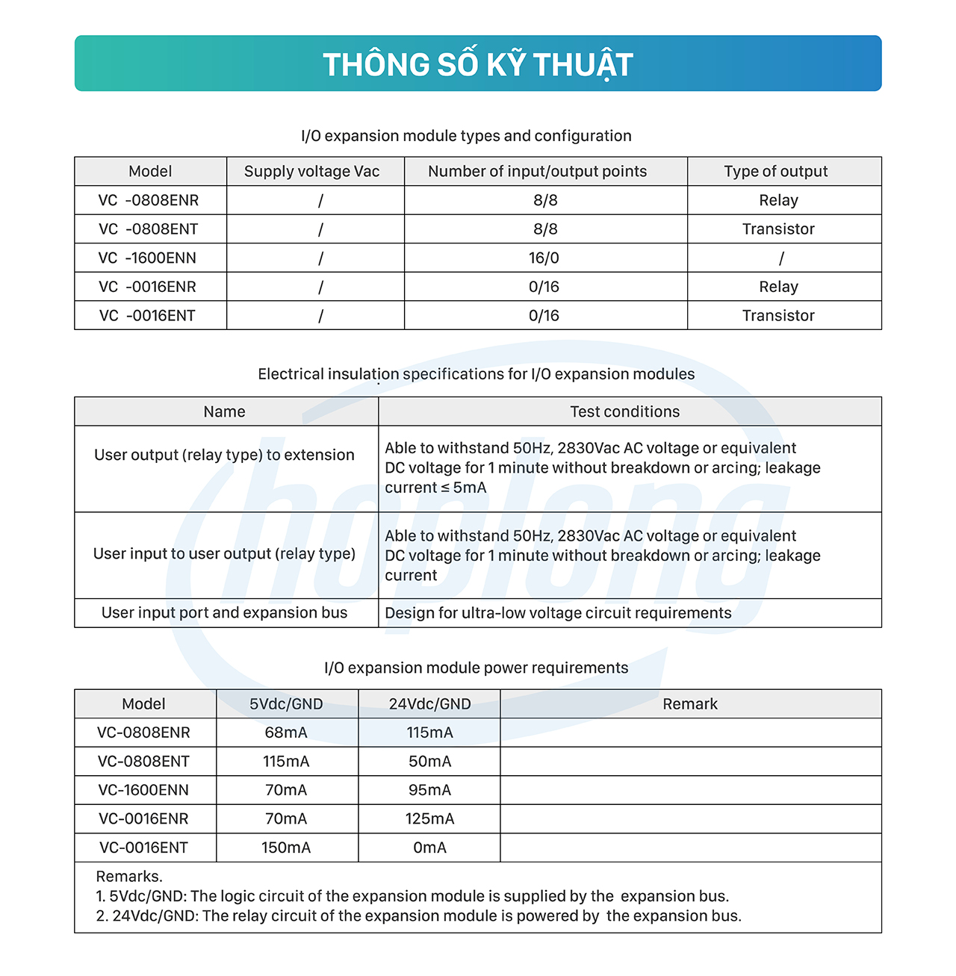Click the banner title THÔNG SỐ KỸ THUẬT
pos(478,65)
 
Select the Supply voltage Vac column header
pos(311,172)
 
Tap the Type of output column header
pos(776,172)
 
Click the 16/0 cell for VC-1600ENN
pos(544,258)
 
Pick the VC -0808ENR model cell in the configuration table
pos(149,201)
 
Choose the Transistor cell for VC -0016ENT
pos(778,316)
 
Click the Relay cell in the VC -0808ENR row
pos(778,201)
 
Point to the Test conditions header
pos(625,412)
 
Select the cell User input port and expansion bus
pos(225,613)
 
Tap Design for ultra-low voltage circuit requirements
pos(558,613)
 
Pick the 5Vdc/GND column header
pos(286,704)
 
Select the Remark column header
pos(690,704)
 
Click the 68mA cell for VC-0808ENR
pos(286,733)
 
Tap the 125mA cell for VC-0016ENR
pos(429,819)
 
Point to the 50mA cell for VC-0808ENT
pos(429,762)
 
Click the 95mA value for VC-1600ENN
pos(429,790)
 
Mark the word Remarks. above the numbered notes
pos(129,877)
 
